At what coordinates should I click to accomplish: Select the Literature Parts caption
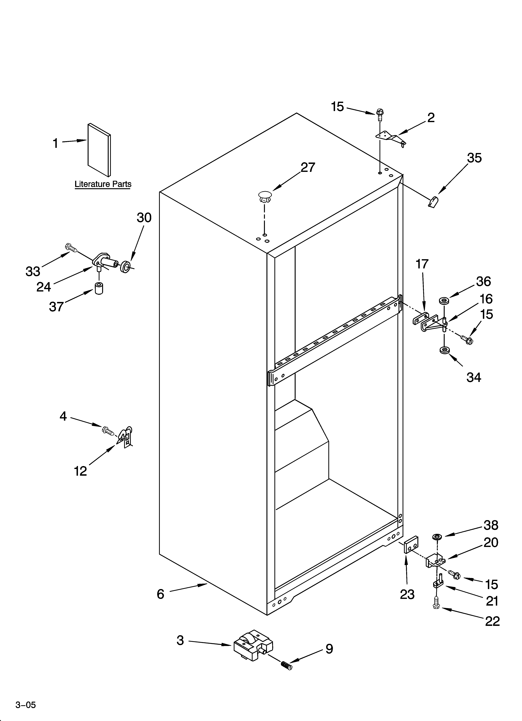[103, 184]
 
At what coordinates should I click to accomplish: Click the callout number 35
[474, 158]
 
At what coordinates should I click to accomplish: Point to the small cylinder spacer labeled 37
[99, 288]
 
